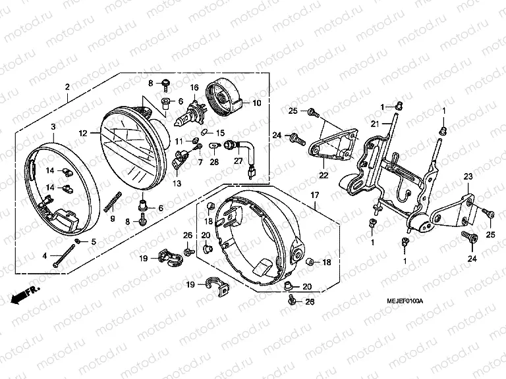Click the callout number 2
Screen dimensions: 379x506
point(67,88)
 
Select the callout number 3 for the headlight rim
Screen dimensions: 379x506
point(53,126)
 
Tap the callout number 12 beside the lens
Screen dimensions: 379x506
point(83,134)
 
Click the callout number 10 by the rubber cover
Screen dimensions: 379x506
point(257,103)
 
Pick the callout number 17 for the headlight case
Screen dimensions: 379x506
point(314,195)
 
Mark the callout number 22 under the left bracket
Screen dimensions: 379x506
point(323,175)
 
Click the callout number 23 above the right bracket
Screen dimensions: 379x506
point(468,176)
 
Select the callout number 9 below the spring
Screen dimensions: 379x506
point(112,218)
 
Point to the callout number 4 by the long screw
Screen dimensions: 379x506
point(45,256)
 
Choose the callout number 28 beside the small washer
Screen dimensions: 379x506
point(214,162)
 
